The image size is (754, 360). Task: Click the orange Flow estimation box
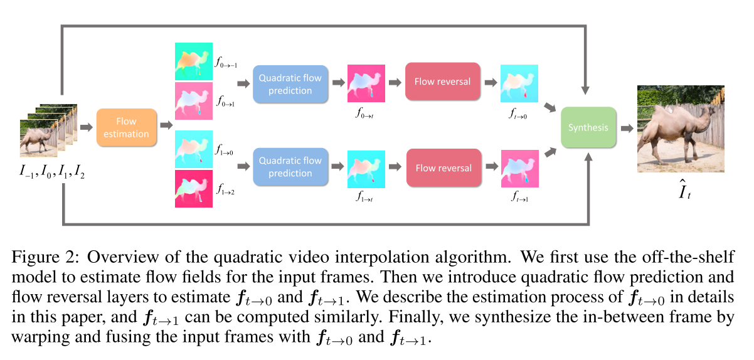click(126, 127)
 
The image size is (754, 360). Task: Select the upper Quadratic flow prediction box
click(290, 83)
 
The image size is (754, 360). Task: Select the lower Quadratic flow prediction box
click(290, 167)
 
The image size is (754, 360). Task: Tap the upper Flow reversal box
click(442, 82)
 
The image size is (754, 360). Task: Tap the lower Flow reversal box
click(442, 167)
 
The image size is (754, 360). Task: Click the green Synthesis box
click(588, 127)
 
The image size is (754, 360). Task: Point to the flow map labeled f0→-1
click(193, 61)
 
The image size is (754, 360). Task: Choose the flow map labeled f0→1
click(193, 101)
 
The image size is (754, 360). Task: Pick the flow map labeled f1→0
click(193, 149)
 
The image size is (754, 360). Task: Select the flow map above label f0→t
click(366, 83)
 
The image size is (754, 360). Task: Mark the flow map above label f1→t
click(366, 169)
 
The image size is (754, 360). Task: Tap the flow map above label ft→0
click(519, 83)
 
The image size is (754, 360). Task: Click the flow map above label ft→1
click(519, 169)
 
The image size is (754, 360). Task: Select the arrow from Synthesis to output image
click(627, 128)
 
